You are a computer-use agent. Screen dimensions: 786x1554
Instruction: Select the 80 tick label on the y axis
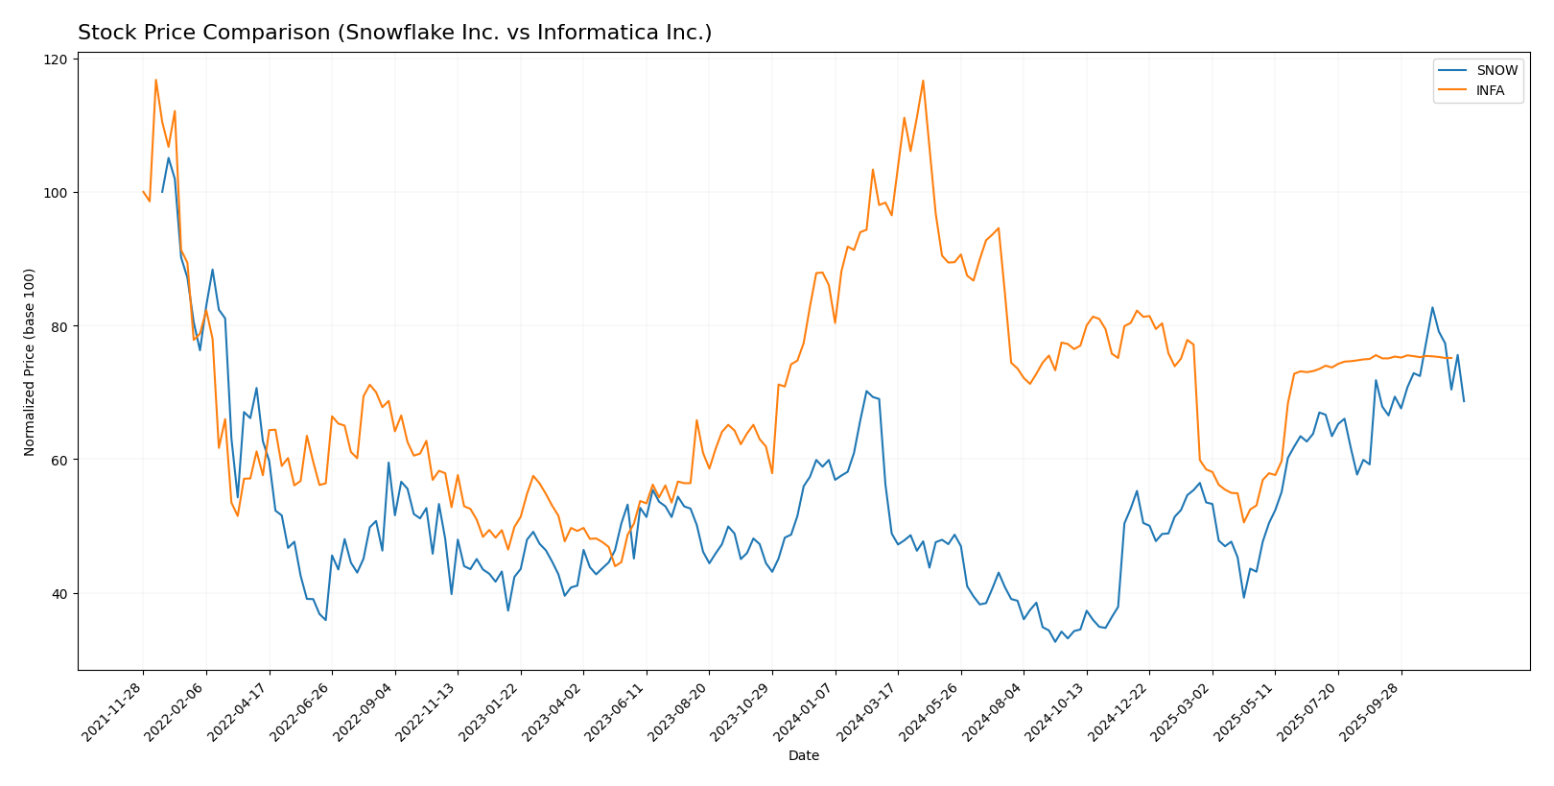click(60, 326)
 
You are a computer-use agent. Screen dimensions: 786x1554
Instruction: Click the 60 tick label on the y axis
click(60, 460)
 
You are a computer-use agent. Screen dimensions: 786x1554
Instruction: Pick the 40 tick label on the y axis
click(60, 593)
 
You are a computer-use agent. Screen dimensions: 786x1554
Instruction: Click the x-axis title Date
click(803, 756)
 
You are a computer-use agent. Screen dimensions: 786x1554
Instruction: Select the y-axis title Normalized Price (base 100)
click(30, 362)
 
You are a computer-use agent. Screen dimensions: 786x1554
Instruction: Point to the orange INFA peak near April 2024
click(923, 81)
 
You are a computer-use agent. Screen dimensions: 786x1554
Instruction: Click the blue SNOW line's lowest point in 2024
click(1055, 641)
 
